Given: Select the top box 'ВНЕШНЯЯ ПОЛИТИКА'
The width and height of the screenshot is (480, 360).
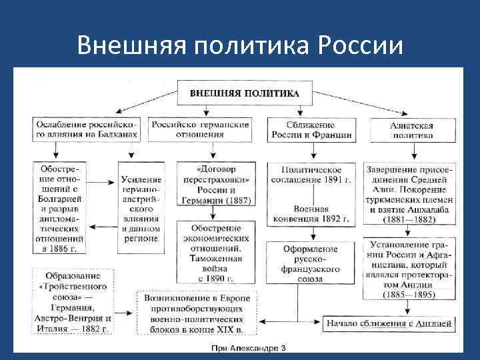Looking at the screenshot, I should coord(245,93).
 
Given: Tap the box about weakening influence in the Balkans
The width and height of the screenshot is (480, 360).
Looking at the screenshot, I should coord(85,129).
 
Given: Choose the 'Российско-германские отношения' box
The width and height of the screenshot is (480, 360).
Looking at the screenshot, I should coord(200,129).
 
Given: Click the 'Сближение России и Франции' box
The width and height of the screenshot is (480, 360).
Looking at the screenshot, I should coord(311,129).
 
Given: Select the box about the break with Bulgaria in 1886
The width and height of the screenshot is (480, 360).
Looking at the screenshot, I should coord(62,207).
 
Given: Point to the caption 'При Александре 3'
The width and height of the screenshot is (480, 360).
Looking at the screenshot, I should coord(248,349).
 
